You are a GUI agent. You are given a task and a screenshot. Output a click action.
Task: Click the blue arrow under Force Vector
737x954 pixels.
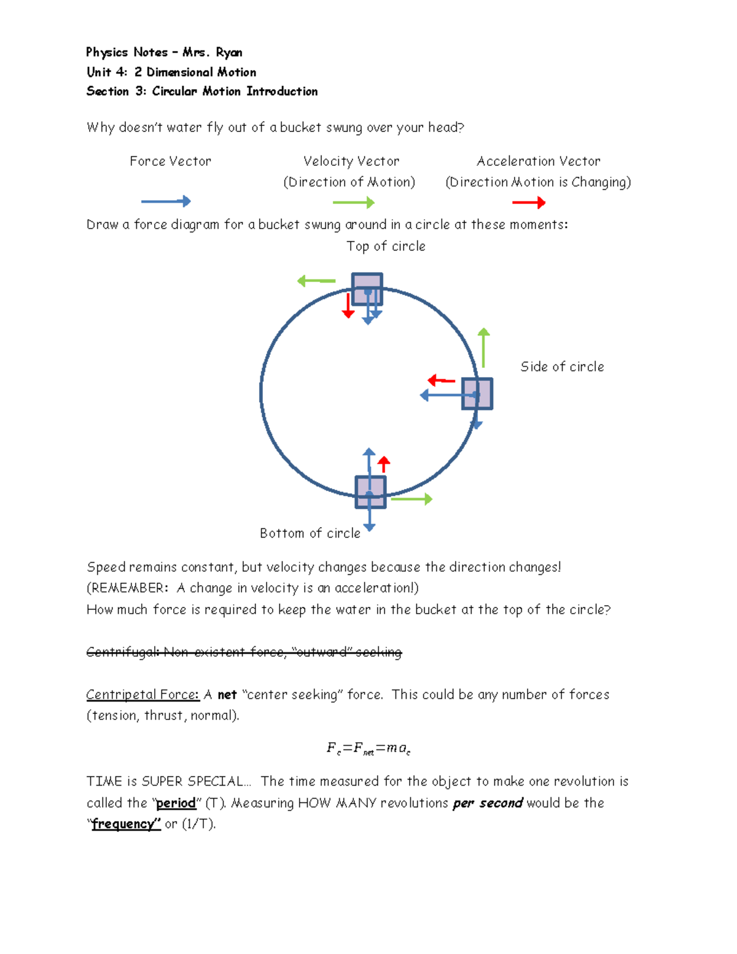point(166,201)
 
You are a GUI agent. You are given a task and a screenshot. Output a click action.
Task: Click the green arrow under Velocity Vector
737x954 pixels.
point(353,203)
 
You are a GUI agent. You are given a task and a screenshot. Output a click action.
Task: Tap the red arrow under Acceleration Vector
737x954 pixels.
point(528,203)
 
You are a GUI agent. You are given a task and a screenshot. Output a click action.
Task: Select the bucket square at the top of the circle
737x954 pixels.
point(367,289)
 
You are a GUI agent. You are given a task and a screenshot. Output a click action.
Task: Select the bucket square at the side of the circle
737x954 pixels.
point(477,394)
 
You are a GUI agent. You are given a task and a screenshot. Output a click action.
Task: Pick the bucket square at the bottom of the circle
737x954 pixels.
point(370,492)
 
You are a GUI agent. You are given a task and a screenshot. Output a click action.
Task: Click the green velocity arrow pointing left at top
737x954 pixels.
point(316,281)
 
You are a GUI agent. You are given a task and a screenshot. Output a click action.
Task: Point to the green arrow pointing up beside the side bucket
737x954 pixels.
point(484,348)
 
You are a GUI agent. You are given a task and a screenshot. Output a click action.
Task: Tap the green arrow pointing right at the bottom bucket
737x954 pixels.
point(411,499)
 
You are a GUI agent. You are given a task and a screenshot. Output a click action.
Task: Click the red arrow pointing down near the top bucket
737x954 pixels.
point(348,306)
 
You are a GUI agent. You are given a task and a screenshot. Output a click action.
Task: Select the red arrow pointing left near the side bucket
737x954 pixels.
point(441,381)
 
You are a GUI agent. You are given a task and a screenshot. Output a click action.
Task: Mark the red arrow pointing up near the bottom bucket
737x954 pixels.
point(384,464)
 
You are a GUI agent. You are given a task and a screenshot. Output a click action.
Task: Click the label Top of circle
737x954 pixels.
point(386,246)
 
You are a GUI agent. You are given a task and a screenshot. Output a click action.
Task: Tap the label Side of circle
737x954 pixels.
point(562,367)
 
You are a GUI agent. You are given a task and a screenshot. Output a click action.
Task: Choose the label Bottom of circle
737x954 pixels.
point(310,533)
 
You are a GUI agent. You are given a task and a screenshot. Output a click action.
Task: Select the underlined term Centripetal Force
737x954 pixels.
point(142,695)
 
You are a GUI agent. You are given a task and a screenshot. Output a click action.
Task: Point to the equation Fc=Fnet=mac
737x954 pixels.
point(368,748)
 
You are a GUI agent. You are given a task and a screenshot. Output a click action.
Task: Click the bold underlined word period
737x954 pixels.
point(176,803)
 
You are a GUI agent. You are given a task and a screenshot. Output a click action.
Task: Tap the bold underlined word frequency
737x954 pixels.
point(126,824)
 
